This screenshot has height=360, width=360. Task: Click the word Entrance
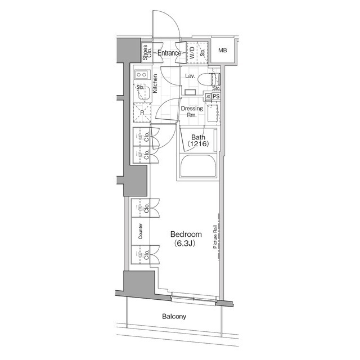[169, 53]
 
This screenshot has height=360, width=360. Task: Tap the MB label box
[223, 51]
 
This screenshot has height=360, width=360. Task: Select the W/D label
[192, 53]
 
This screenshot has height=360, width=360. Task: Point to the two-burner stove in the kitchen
[141, 74]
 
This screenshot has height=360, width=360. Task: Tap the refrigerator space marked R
[142, 112]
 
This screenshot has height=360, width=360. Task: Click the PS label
[216, 97]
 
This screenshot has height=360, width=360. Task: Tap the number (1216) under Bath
[197, 145]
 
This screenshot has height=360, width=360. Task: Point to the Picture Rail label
[215, 241]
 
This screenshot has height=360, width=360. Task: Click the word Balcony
[174, 316]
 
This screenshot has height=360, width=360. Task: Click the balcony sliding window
[192, 296]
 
